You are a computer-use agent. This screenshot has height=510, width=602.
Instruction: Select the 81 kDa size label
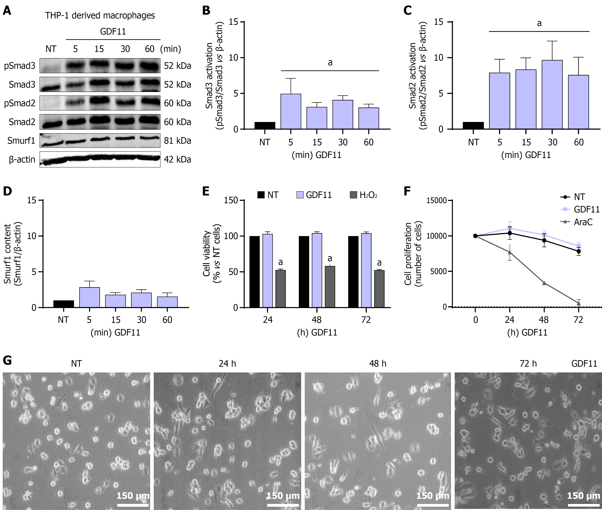(177, 141)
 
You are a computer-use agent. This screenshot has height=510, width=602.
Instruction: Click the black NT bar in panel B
(265, 125)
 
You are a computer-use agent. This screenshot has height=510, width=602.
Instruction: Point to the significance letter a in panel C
(539, 23)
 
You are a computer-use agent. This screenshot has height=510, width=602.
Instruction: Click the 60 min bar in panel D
(167, 302)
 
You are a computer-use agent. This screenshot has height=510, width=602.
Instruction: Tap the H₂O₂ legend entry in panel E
(364, 195)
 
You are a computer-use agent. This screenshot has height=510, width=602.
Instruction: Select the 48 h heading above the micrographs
(378, 363)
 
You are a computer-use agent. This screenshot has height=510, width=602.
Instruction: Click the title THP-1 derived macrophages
(100, 15)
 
